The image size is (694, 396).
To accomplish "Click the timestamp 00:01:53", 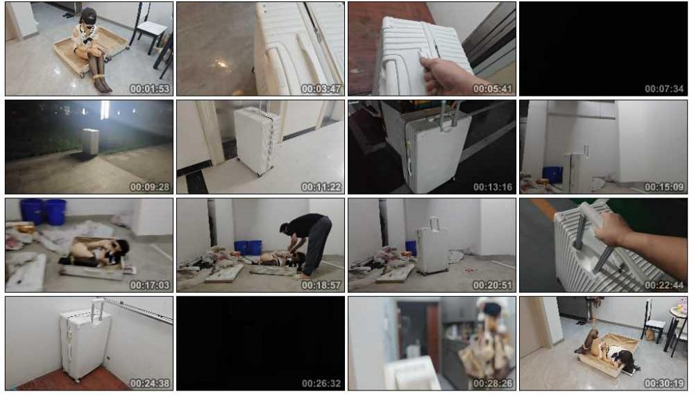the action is (x=150, y=89).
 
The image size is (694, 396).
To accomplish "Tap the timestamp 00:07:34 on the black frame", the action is (x=664, y=89).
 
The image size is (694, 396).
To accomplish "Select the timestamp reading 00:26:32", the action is (x=321, y=383).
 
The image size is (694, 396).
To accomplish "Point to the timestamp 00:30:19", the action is (x=664, y=383).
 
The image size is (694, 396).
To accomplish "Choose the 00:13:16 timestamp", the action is (x=493, y=187).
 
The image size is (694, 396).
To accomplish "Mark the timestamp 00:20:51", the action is (x=493, y=286).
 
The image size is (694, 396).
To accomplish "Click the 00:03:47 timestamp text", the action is (x=321, y=89).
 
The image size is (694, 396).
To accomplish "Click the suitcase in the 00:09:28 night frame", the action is (x=91, y=141).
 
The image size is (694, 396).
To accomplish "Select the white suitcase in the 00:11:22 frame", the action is (x=257, y=140).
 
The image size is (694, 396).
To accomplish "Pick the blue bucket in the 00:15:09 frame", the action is (x=553, y=174).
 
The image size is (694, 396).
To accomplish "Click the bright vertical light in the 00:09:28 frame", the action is (x=105, y=110).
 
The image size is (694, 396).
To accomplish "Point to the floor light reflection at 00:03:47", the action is (x=221, y=64).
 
